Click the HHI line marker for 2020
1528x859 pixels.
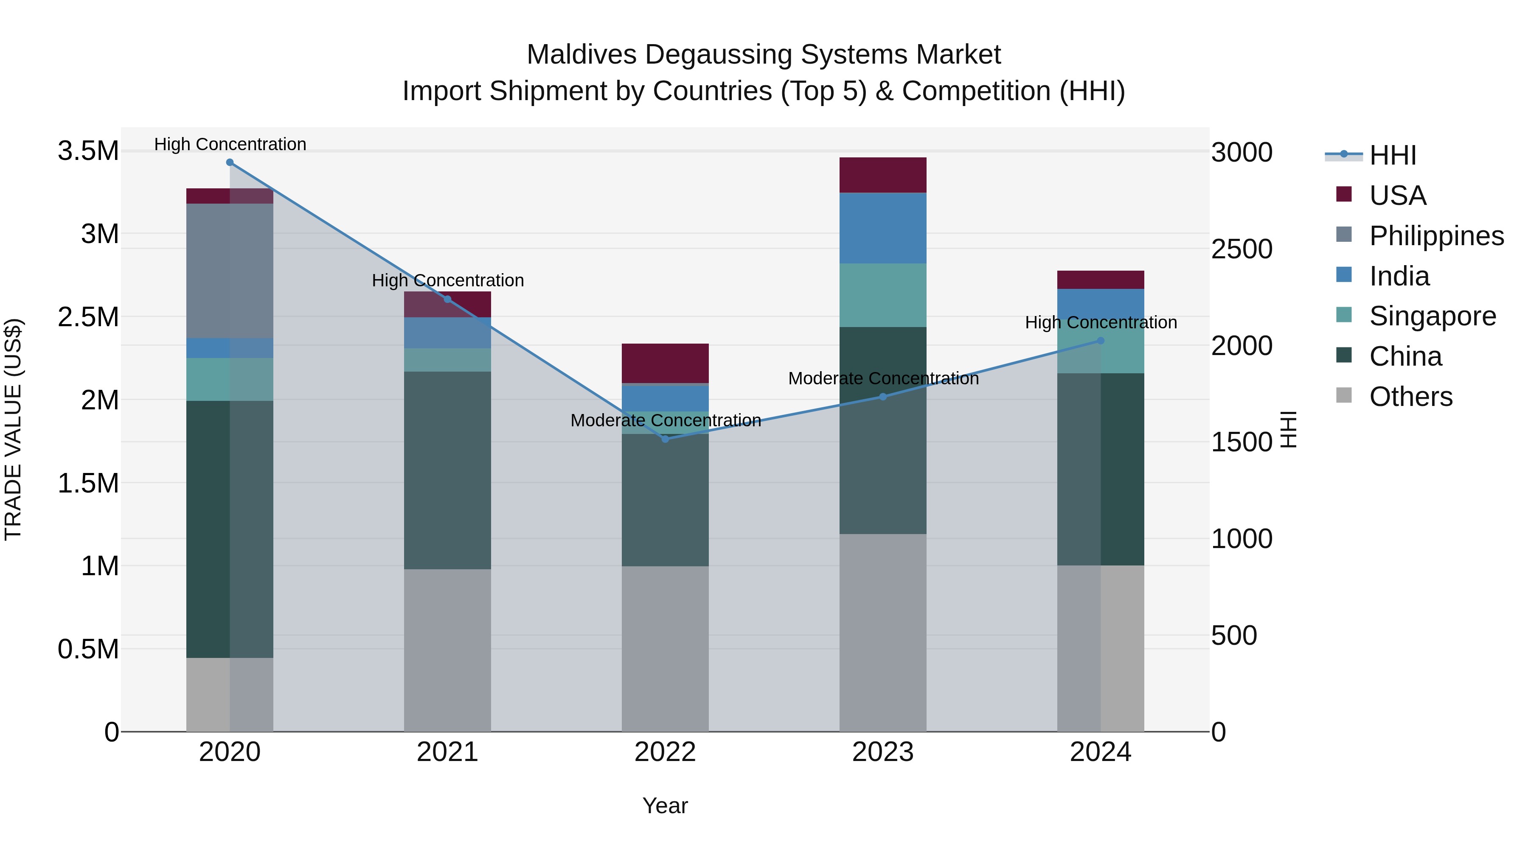[x=230, y=162]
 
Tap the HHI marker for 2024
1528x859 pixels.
[x=1100, y=341]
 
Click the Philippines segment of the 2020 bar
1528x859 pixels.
[x=230, y=271]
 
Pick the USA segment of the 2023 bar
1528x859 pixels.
[x=883, y=175]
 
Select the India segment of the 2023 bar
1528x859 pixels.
[x=883, y=228]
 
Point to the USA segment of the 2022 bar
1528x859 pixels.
[x=665, y=364]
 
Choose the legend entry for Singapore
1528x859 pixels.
[x=1432, y=316]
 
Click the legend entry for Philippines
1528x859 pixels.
[x=1436, y=236]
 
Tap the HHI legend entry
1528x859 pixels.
[x=1392, y=155]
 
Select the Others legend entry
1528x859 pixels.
[x=1410, y=397]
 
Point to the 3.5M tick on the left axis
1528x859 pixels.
[x=88, y=151]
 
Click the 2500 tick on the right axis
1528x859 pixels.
[x=1241, y=249]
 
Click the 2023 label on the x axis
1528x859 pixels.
[x=883, y=752]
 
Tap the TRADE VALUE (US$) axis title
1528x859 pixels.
[x=13, y=429]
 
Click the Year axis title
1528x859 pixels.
[x=665, y=806]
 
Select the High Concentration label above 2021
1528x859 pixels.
[x=447, y=280]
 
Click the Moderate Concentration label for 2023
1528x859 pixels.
[x=883, y=378]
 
